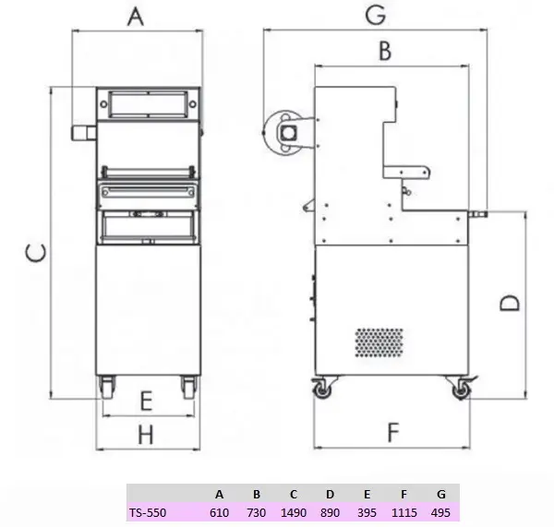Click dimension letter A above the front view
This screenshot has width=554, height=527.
click(x=136, y=17)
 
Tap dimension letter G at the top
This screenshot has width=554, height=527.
click(x=375, y=15)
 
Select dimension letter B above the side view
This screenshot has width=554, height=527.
click(x=385, y=51)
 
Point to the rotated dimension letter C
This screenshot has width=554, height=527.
click(x=36, y=253)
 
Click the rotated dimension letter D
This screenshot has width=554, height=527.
click(x=510, y=303)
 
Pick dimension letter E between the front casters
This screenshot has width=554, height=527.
click(x=146, y=401)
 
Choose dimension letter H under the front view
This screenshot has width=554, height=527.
click(x=146, y=435)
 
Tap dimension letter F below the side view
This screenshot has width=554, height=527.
click(x=393, y=432)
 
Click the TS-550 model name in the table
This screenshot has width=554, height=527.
click(x=148, y=512)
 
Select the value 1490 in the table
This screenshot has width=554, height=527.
click(x=294, y=512)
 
